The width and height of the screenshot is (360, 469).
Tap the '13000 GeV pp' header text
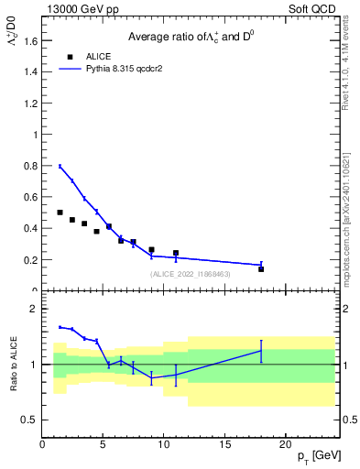[83, 8]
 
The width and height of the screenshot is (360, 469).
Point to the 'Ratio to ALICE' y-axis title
[14, 365]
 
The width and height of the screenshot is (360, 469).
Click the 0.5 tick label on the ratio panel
[30, 420]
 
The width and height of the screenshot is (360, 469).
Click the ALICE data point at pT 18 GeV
[261, 269]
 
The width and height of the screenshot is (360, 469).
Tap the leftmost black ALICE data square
[60, 213]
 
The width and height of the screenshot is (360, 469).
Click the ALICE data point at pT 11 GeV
[176, 253]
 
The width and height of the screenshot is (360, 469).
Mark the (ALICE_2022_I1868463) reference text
[190, 274]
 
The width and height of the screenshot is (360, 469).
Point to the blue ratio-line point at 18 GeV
[261, 351]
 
